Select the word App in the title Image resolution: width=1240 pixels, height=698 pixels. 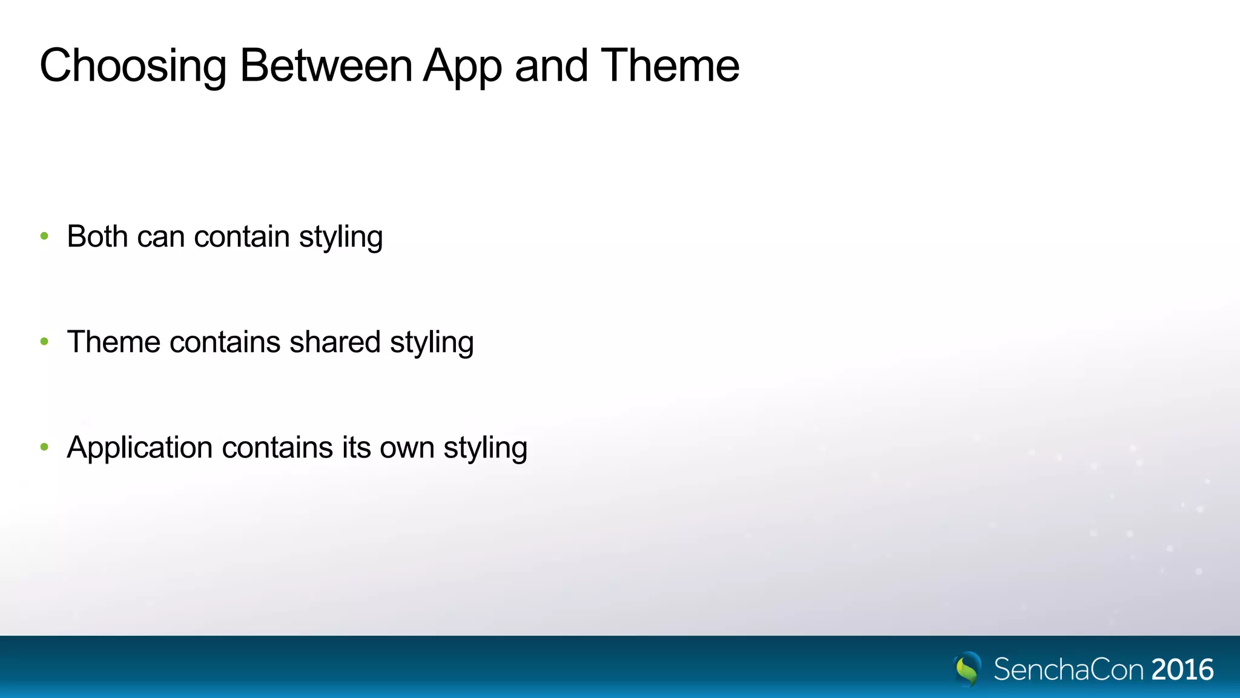463,67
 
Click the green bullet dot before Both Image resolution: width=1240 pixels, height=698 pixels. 44,236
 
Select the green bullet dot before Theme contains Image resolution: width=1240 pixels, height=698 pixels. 44,342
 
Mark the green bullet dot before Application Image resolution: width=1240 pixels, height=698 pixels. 44,448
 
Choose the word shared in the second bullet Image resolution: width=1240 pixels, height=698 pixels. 335,342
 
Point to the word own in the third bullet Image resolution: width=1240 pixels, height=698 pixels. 407,448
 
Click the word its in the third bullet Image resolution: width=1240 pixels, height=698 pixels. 356,448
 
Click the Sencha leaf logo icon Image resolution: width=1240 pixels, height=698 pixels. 968,668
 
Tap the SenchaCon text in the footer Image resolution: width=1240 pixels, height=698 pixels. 1069,670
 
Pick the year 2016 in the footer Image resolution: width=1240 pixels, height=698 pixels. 1182,670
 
